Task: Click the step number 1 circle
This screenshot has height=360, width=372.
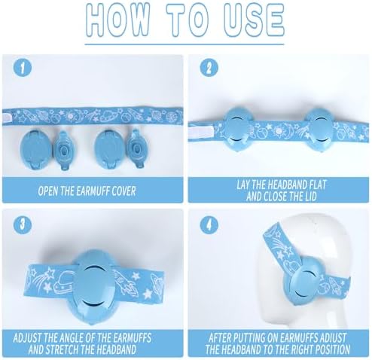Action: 22,68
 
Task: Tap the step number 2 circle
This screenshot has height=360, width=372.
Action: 209,68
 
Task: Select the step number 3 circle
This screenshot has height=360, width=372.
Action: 22,224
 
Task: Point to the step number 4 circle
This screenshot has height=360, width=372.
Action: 209,224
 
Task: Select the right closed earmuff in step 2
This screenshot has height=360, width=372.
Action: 319,130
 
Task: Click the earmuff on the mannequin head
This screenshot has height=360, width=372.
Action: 306,283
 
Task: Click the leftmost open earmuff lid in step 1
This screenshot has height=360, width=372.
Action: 35,149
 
